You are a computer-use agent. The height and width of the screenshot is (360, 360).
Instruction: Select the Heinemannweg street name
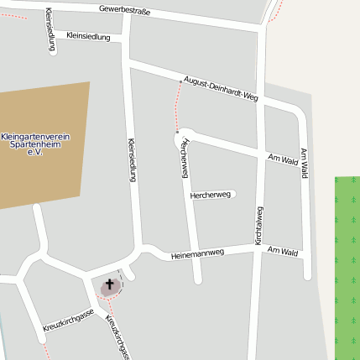point(197,253)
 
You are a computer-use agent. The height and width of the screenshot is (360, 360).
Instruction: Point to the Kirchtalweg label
point(259,225)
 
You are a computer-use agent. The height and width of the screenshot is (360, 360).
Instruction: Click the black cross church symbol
point(109,285)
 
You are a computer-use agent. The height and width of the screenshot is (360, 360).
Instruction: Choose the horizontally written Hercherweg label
point(210,195)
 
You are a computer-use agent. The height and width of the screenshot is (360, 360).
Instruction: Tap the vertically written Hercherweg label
point(184,157)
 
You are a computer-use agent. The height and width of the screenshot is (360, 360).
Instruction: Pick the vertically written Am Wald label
point(304,164)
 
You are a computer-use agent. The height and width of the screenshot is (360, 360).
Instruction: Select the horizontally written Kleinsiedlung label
point(87,37)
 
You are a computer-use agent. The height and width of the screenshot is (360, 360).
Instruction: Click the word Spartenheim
point(35,143)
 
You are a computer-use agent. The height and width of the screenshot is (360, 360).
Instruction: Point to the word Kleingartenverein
point(35,136)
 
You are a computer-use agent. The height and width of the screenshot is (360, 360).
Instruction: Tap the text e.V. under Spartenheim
point(34,152)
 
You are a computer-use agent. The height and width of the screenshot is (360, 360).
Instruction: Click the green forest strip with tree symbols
point(347,260)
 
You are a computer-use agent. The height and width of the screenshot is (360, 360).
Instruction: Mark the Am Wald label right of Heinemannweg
point(283,251)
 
